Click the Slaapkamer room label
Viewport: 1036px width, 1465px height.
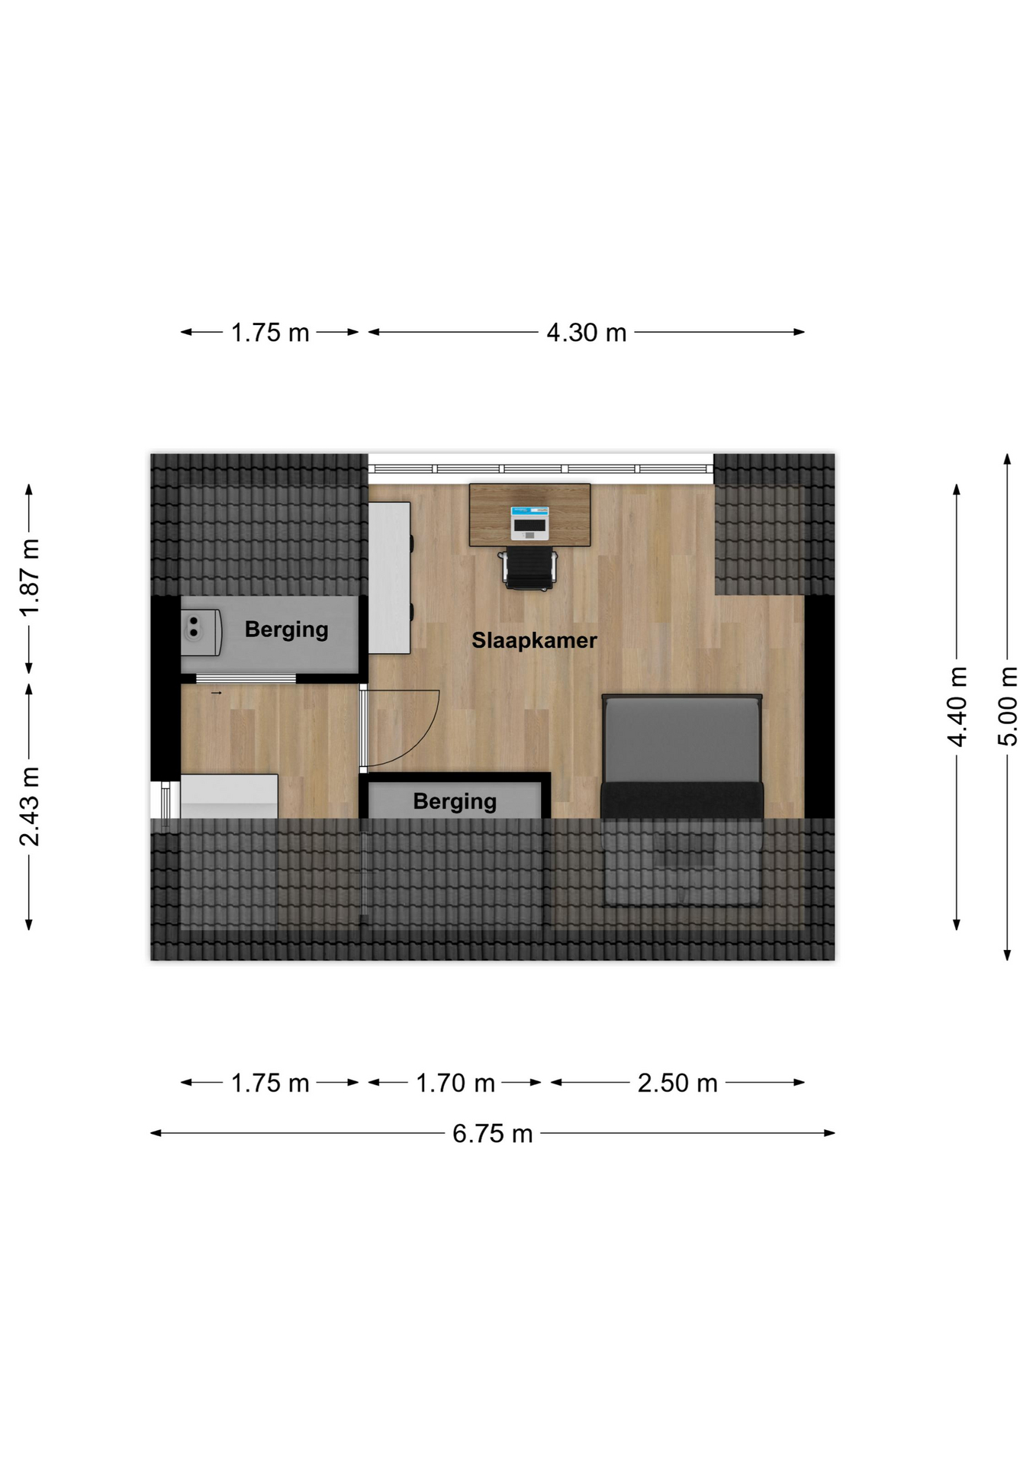pos(534,640)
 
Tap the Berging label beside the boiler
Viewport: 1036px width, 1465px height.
pos(286,629)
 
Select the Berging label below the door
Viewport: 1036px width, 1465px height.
pos(455,801)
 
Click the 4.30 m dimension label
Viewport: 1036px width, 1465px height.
pos(587,333)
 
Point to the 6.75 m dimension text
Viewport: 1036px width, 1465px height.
pos(493,1134)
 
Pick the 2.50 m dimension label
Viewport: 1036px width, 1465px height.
pos(677,1083)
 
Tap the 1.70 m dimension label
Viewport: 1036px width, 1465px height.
pos(455,1083)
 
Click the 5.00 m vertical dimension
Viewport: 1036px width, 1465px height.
pos(1008,706)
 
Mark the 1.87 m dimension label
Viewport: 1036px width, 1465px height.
pos(30,578)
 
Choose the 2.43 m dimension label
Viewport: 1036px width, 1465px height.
pos(30,807)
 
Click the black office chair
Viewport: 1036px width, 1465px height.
pos(529,568)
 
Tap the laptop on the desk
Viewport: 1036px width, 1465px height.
pos(529,523)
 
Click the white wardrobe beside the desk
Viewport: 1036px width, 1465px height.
pos(390,578)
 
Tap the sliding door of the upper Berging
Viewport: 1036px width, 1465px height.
pos(246,679)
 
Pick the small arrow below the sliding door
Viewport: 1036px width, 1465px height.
pos(216,693)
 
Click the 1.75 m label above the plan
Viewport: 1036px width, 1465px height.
pos(270,333)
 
